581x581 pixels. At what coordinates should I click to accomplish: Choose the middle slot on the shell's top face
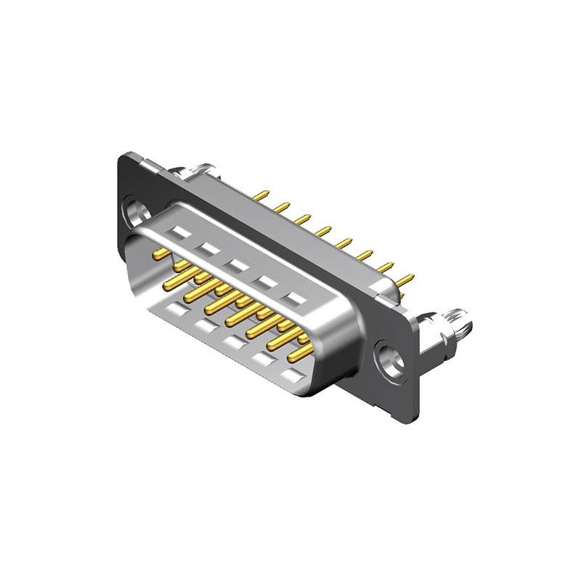[236, 264]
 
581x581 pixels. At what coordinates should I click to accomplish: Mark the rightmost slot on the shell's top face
[295, 298]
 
